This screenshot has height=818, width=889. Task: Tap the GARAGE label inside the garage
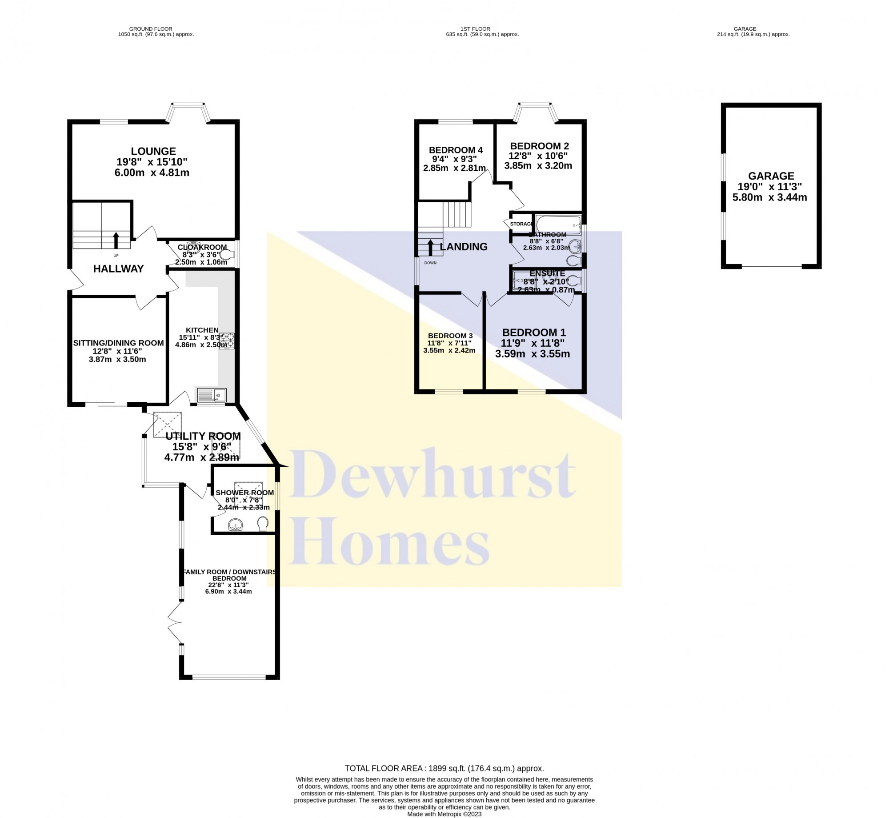(771, 176)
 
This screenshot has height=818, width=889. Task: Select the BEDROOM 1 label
(533, 333)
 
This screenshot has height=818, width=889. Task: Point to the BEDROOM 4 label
(455, 150)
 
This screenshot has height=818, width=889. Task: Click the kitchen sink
(212, 394)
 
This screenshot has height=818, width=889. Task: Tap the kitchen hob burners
(227, 341)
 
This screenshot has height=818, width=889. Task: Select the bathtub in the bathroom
(558, 225)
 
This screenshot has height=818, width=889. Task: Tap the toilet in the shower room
(263, 524)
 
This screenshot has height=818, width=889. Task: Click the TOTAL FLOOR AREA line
(444, 768)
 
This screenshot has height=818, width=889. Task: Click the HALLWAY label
(118, 269)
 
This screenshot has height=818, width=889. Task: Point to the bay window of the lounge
(187, 107)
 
